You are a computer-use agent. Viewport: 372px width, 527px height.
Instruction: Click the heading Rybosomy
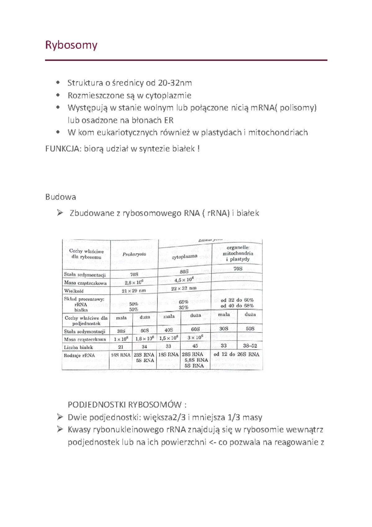pos(71,45)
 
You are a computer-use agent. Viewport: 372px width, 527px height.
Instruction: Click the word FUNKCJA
pos(63,149)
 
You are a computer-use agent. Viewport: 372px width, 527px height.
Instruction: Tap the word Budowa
pos(60,197)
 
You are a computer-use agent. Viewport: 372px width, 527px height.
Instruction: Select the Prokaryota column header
pos(134,254)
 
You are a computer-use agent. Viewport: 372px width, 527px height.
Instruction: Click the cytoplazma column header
pos(184,257)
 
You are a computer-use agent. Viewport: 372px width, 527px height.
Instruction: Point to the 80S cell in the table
pos(184,272)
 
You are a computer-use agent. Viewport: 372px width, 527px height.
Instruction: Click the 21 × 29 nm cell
pos(134,291)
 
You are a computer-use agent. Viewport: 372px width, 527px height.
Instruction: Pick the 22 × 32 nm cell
pos(184,288)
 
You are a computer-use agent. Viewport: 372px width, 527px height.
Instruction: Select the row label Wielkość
pos(74,291)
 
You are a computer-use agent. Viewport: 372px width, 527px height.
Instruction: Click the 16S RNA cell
pos(121,355)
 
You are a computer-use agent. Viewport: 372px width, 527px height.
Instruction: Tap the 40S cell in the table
pos(169,330)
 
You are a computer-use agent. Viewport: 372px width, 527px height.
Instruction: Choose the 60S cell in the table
pos(195,329)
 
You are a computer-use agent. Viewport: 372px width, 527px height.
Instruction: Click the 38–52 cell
pos(250,346)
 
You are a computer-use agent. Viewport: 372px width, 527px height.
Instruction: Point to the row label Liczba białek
pos(78,347)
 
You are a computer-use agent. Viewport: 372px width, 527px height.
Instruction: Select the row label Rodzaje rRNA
pos(79,355)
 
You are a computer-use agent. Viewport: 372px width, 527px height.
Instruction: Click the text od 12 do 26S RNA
pos(236,354)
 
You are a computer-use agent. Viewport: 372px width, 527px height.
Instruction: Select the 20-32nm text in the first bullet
pos(175,83)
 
